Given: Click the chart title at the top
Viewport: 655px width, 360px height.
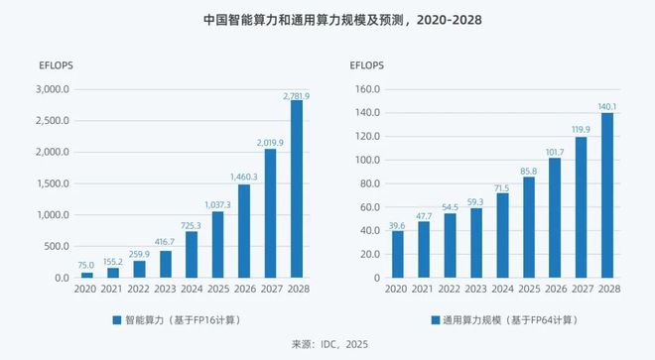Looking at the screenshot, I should pyautogui.click(x=327, y=19).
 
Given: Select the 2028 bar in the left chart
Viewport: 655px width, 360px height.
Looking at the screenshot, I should pyautogui.click(x=297, y=188).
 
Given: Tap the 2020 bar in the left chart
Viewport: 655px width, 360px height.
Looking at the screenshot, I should pyautogui.click(x=87, y=275).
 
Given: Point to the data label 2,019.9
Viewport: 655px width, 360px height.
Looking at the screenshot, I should pyautogui.click(x=270, y=142).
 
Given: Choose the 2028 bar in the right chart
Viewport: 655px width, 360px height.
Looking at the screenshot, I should pyautogui.click(x=606, y=195).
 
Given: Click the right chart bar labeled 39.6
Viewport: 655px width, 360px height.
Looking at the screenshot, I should pyautogui.click(x=397, y=254).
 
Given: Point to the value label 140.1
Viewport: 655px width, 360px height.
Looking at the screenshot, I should pyautogui.click(x=606, y=106).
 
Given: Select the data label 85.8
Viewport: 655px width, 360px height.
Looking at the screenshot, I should pyautogui.click(x=528, y=171).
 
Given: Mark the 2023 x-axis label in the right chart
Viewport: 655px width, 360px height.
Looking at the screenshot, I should pyautogui.click(x=475, y=290).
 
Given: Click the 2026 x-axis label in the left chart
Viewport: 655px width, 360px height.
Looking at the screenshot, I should pyautogui.click(x=244, y=290).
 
